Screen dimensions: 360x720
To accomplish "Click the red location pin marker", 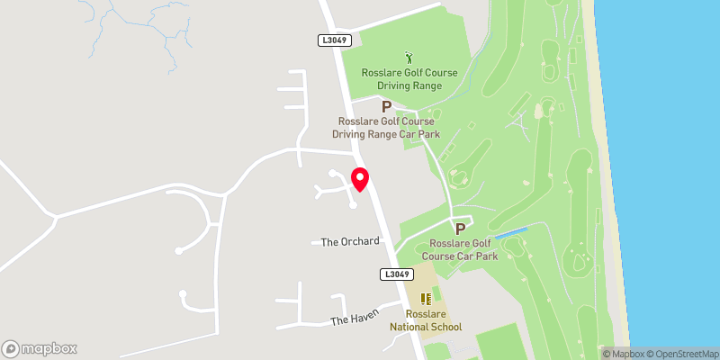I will [x=360, y=179].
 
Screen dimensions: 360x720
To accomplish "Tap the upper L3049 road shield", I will [x=332, y=40].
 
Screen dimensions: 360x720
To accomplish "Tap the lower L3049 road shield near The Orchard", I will [x=396, y=274].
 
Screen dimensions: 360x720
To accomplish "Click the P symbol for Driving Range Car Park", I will [x=386, y=107].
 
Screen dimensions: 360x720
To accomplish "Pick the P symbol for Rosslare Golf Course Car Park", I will [x=461, y=229].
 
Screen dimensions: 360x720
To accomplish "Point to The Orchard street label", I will [x=350, y=242].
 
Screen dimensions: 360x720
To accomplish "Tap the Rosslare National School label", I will [x=433, y=320].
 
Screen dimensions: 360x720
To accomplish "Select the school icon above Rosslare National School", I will [x=426, y=300].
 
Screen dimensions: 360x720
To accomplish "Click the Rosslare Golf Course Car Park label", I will [x=463, y=249].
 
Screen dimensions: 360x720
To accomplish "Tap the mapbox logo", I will [x=40, y=348].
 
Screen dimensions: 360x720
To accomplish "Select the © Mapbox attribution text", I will [x=623, y=353].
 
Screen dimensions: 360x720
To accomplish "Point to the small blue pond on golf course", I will [x=510, y=234].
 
